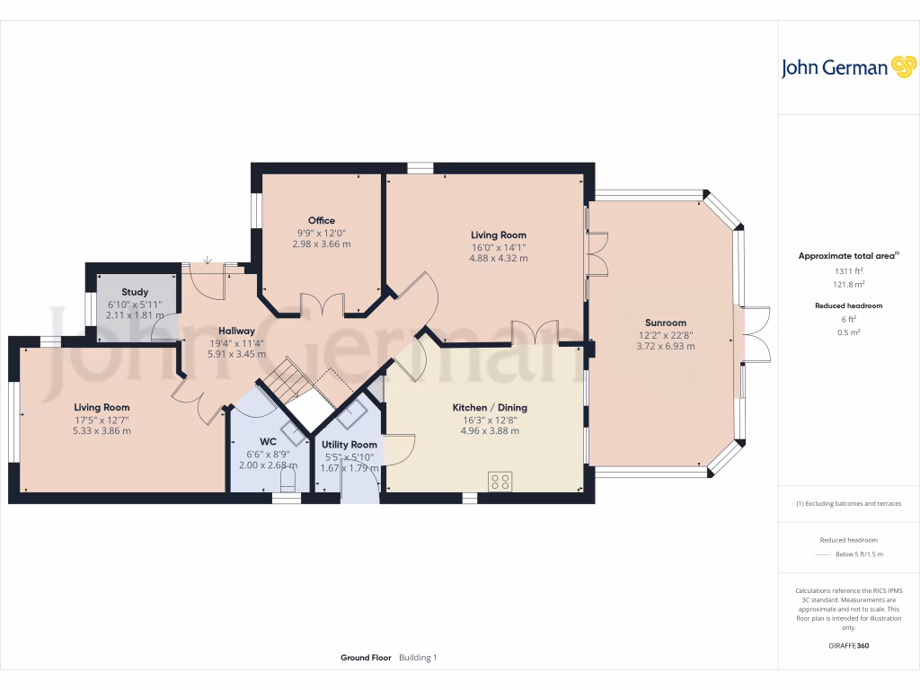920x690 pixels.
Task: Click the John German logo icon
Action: click(x=902, y=67)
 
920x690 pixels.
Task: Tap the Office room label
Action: click(x=322, y=220)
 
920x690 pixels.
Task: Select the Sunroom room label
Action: click(x=665, y=323)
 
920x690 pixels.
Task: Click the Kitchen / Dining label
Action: click(x=490, y=407)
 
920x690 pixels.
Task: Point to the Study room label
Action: click(x=135, y=291)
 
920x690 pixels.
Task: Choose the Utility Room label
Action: click(x=349, y=444)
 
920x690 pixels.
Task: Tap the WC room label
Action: click(x=267, y=441)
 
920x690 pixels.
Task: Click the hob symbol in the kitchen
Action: click(x=500, y=481)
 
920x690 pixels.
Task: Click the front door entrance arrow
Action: click(x=208, y=259)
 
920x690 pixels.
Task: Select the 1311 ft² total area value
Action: click(x=848, y=270)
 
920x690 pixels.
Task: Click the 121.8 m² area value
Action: click(x=848, y=283)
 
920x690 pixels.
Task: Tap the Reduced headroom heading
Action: click(x=848, y=305)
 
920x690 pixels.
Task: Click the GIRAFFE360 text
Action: click(x=849, y=646)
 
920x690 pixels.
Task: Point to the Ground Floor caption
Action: click(x=366, y=658)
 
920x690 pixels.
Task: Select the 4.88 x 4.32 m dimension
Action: click(x=498, y=258)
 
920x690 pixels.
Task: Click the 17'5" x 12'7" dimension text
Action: click(x=102, y=419)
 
